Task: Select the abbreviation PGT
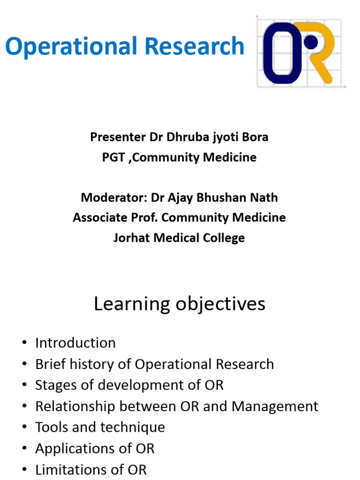coord(113,157)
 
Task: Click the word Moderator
coord(114,197)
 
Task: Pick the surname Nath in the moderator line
coord(263,197)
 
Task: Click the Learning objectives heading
coord(180,304)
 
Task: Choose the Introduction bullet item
coord(75,343)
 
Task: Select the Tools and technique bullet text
coord(100,427)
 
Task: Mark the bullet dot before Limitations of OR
coord(24,470)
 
